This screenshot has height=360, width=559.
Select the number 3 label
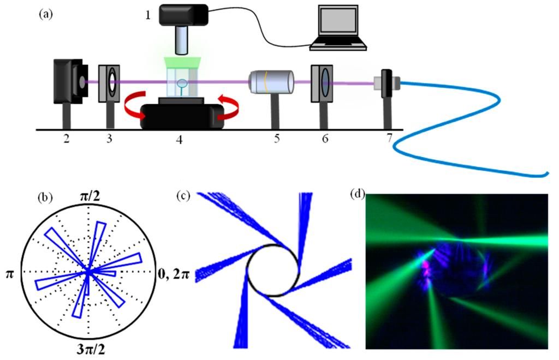tap(109, 140)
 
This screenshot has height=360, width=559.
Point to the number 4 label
tap(180, 141)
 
